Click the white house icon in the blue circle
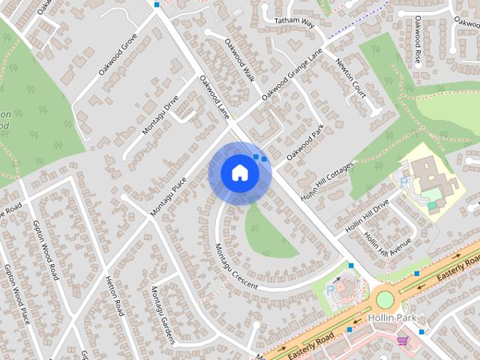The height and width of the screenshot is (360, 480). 239,172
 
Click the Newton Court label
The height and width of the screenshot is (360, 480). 350,79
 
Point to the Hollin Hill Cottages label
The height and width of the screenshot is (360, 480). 325,181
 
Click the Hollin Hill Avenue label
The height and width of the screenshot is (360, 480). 388,244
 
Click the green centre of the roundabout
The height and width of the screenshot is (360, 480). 385,300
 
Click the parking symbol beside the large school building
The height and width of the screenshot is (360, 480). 404,181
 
